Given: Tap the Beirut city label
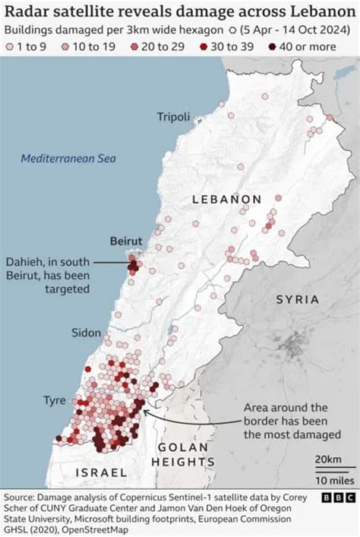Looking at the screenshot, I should click(125, 241).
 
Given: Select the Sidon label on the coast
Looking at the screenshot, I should click(86, 333).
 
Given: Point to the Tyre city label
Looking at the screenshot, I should click(54, 400).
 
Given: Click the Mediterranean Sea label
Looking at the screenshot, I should click(69, 159).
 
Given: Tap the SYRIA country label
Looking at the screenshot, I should click(297, 299).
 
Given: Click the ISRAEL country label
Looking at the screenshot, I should click(101, 472).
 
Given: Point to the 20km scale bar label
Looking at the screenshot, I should click(328, 460).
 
